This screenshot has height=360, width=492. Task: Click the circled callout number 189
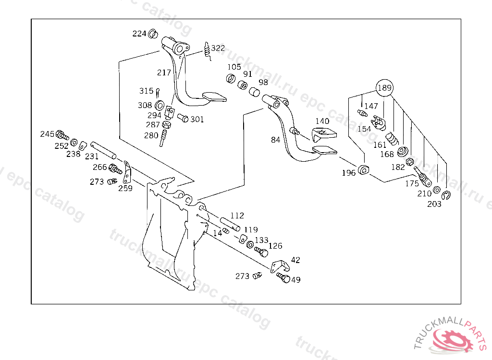click(384, 88)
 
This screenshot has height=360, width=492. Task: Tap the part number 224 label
click(139, 34)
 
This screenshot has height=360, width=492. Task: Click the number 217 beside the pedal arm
click(164, 73)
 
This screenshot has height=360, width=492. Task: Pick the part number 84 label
click(275, 140)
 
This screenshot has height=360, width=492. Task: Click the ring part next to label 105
click(231, 79)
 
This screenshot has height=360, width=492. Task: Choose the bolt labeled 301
click(183, 117)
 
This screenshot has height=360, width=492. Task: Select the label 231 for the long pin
click(92, 156)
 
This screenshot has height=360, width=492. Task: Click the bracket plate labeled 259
click(127, 173)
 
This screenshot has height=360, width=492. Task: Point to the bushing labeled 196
click(363, 169)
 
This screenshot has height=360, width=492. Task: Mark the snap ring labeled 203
click(445, 195)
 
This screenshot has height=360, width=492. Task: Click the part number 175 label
click(412, 184)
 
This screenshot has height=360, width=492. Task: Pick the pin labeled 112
click(230, 224)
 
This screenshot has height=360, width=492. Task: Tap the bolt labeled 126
click(261, 252)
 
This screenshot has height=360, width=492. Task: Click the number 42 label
click(295, 260)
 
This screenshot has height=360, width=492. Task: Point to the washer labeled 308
click(160, 105)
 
